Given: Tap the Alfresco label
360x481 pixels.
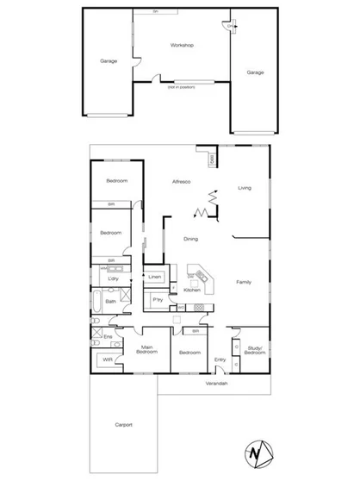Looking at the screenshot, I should (x=181, y=182).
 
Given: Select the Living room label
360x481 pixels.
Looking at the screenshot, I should (x=245, y=188).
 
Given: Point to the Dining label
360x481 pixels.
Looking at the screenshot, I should (x=191, y=239).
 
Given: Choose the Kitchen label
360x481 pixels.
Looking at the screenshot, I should (x=192, y=290).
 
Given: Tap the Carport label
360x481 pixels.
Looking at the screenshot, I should (x=122, y=425).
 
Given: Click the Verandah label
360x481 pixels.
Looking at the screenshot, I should (x=215, y=382).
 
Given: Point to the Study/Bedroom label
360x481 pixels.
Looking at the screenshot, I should (x=254, y=351).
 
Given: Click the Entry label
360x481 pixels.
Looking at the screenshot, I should (x=220, y=359).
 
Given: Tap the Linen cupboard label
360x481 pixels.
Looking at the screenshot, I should (x=155, y=277).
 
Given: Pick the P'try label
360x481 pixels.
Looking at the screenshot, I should (x=158, y=299).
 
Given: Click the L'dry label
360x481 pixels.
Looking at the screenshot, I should (x=113, y=279).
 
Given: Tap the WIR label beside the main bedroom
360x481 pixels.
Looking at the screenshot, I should (x=108, y=359).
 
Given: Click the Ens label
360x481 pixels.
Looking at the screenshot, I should (x=109, y=335).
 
